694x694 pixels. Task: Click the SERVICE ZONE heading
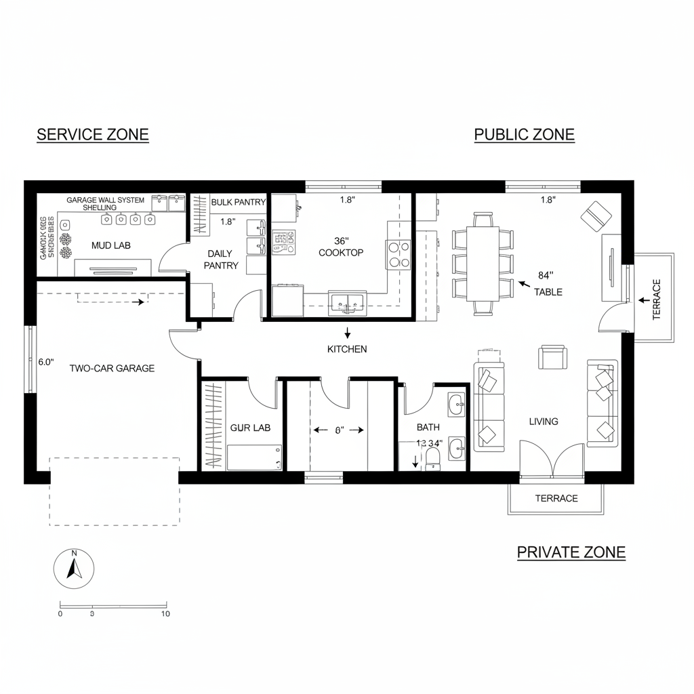click(x=92, y=134)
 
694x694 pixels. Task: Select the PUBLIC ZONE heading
click(x=524, y=134)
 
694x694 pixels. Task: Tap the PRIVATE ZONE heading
click(x=571, y=552)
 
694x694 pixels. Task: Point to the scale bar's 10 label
click(x=165, y=615)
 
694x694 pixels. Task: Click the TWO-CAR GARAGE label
click(x=112, y=369)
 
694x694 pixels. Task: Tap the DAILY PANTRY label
click(x=222, y=260)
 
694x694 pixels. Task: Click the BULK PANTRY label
click(x=238, y=202)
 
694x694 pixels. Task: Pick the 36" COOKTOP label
click(x=341, y=247)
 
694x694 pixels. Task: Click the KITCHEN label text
click(x=347, y=349)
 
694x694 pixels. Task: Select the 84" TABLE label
click(x=547, y=283)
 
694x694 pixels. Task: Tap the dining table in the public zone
click(x=484, y=264)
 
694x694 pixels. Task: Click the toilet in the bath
click(x=432, y=462)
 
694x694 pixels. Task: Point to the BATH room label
click(x=428, y=427)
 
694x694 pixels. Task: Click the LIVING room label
click(x=544, y=422)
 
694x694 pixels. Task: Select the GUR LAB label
click(x=250, y=428)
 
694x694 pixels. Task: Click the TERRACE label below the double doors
click(x=556, y=498)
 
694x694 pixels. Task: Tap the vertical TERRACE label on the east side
click(x=655, y=300)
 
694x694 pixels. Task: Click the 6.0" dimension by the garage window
click(x=45, y=362)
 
